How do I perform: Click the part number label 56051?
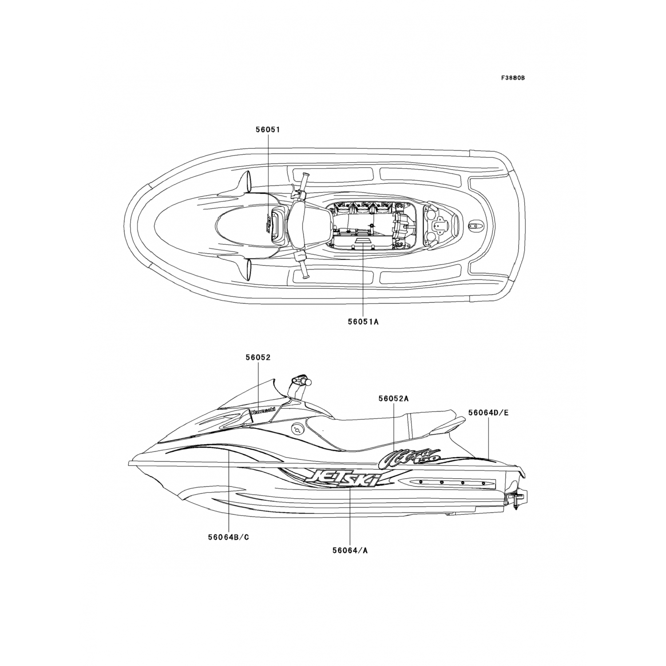pos(267,130)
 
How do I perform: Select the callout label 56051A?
pos(363,321)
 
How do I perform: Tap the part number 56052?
pos(258,357)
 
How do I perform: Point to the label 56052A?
pos(393,398)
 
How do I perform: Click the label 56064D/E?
pos(488,412)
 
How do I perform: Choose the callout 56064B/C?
pos(228,537)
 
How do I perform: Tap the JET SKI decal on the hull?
pos(340,478)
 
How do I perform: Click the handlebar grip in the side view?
pos(302,381)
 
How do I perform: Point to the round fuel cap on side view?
pos(297,429)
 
